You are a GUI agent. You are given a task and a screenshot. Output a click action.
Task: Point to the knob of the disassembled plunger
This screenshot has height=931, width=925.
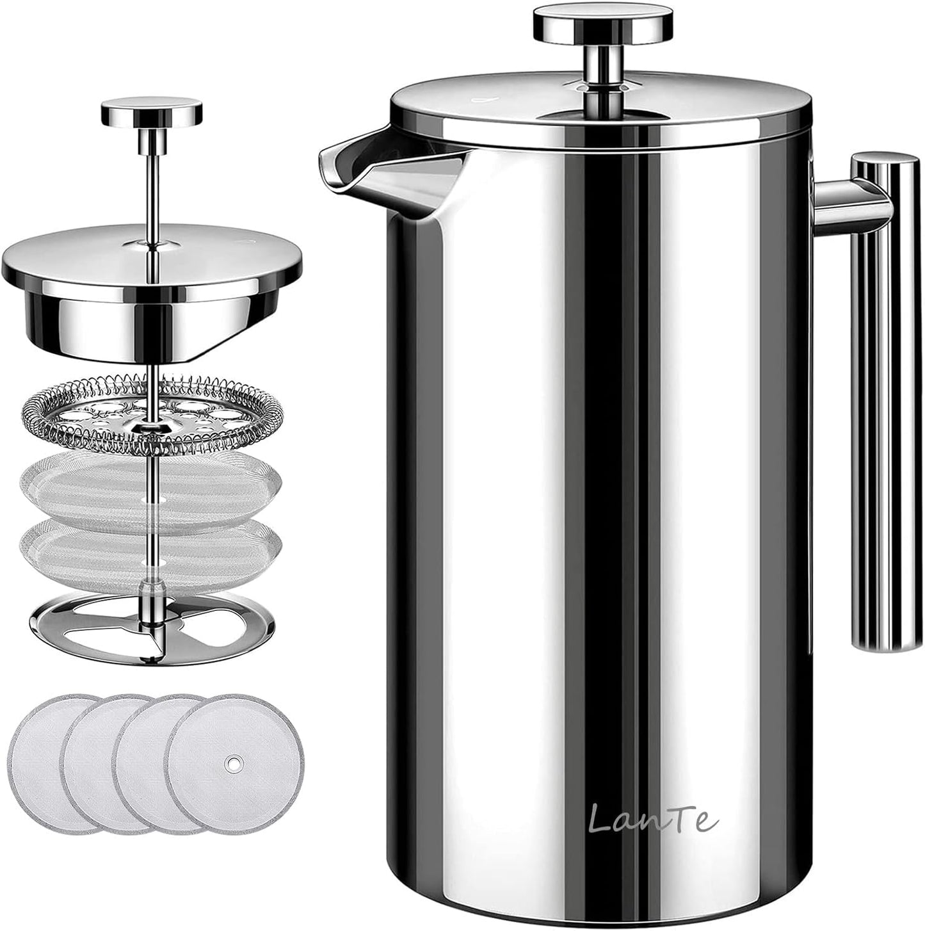(x=151, y=113)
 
